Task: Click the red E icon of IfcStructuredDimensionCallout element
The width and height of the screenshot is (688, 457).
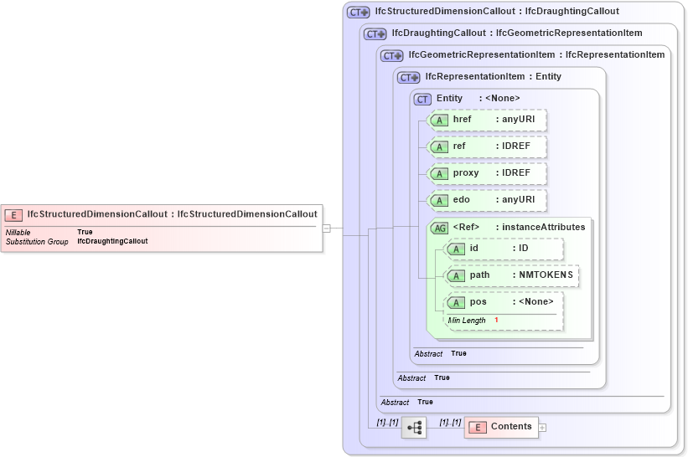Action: pyautogui.click(x=14, y=214)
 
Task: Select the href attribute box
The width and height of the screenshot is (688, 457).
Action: pyautogui.click(x=487, y=120)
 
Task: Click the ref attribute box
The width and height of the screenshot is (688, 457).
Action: pyautogui.click(x=487, y=146)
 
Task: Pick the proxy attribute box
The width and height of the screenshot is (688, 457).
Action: pyautogui.click(x=487, y=173)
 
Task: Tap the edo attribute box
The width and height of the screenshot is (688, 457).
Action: pyautogui.click(x=487, y=200)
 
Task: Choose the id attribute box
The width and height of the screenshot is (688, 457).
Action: pyautogui.click(x=504, y=249)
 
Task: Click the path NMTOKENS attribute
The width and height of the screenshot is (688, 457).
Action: pyautogui.click(x=511, y=275)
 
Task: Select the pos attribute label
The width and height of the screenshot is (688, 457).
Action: pyautogui.click(x=478, y=302)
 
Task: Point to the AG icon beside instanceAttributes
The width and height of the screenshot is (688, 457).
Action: pyautogui.click(x=439, y=228)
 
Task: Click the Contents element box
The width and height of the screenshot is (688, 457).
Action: pyautogui.click(x=500, y=427)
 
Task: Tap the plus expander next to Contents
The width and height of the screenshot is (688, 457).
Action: pyautogui.click(x=542, y=428)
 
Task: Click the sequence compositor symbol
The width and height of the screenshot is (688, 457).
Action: pyautogui.click(x=414, y=428)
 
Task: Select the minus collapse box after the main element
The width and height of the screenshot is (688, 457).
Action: pyautogui.click(x=327, y=228)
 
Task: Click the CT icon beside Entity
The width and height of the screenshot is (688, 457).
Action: pyautogui.click(x=423, y=99)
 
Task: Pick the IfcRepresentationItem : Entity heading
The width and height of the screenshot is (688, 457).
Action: pyautogui.click(x=493, y=77)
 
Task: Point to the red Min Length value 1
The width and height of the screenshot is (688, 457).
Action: pyautogui.click(x=496, y=321)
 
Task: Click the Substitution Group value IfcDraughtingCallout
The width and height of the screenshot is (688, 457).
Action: pyautogui.click(x=112, y=241)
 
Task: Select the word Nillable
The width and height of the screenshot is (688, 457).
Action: pyautogui.click(x=18, y=232)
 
